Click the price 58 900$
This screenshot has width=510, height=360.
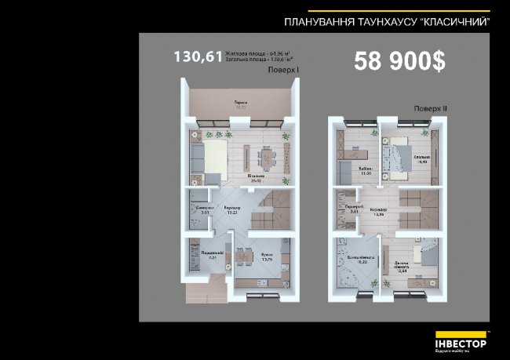pyautogui.click(x=399, y=62)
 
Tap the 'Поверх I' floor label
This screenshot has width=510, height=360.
pyautogui.click(x=284, y=70)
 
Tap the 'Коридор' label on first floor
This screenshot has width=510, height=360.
pyautogui.click(x=232, y=209)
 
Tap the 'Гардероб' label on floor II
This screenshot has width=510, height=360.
pyautogui.click(x=352, y=208)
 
